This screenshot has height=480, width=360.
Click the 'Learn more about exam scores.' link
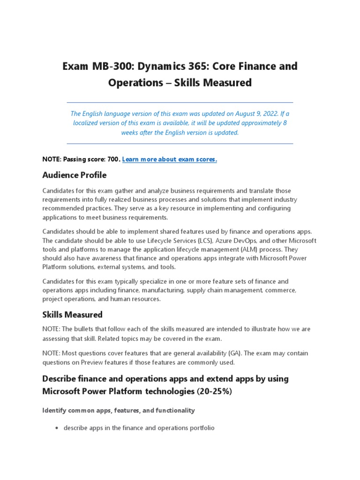(x=170, y=159)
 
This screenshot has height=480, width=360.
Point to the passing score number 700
(x=113, y=159)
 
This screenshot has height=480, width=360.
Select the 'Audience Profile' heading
(x=75, y=175)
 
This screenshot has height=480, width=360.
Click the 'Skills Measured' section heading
(x=72, y=314)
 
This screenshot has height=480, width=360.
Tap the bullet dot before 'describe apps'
(x=57, y=428)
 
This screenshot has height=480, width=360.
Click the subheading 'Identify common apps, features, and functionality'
(x=119, y=410)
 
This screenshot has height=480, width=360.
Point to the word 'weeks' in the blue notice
(x=129, y=132)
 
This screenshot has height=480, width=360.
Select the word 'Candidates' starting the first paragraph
(x=58, y=191)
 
